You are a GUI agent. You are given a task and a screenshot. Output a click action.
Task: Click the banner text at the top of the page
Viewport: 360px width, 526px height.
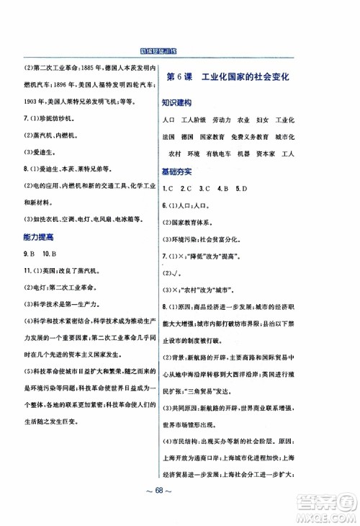tap(179, 51)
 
